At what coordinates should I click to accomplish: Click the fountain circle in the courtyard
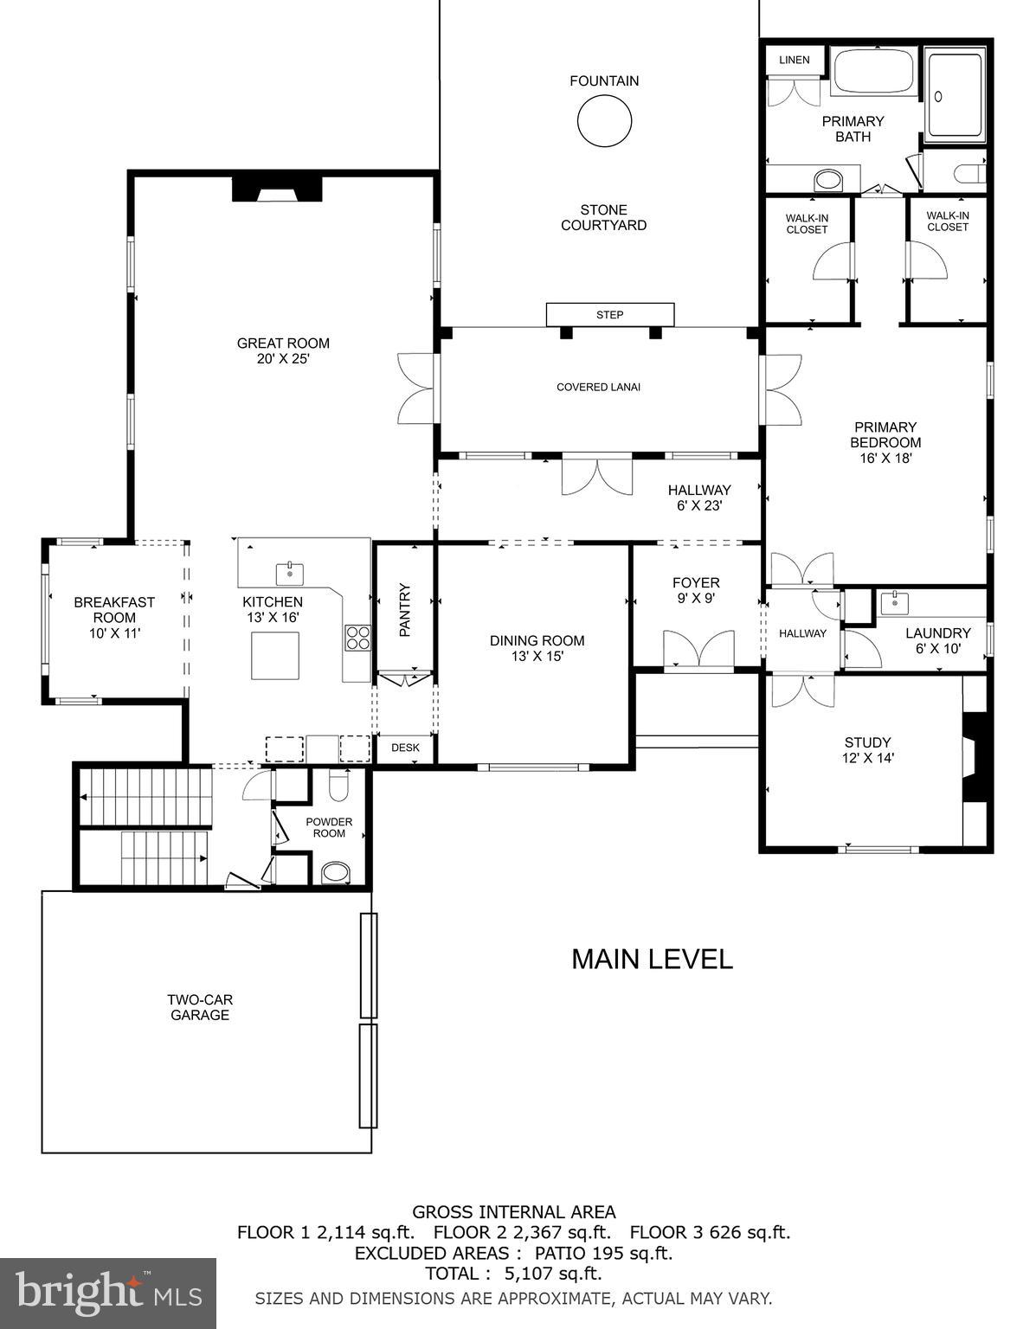pos(604,120)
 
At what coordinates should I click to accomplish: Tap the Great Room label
pos(283,350)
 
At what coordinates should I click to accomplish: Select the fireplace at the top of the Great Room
pos(277,189)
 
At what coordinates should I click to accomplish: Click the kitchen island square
pos(275,655)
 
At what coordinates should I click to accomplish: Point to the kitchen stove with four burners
pos(357,638)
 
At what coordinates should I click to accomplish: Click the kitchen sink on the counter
pos(290,572)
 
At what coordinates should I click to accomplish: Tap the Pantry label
pos(404,610)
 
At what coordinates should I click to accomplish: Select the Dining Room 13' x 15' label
pos(537,648)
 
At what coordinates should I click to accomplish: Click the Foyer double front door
pos(698,651)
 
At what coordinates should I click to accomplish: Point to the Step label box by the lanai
pos(609,315)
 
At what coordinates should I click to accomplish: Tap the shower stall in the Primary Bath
pos(955,95)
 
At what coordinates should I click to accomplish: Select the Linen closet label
pos(794,60)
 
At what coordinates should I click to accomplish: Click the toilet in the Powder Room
pos(338,786)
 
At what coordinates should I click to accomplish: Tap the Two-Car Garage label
pos(200,1007)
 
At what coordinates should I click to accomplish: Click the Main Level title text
pos(652,959)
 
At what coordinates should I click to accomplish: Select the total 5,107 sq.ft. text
pos(513,1274)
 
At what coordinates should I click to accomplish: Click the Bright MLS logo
pos(108,1293)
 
